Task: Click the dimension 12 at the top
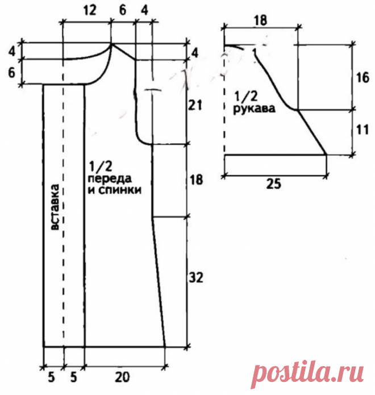pyautogui.click(x=89, y=10)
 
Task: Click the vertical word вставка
pyautogui.click(x=55, y=207)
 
